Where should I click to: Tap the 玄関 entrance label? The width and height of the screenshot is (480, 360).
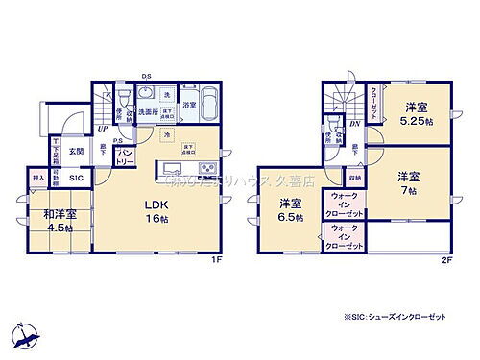point(76,151)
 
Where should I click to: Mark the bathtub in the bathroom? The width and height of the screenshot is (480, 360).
point(211,98)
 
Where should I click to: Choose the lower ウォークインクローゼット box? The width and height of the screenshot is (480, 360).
point(348,238)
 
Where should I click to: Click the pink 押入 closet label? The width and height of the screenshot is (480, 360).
point(38,179)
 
